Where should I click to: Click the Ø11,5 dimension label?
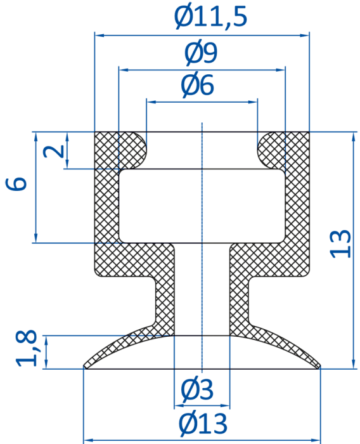pyautogui.click(x=210, y=16)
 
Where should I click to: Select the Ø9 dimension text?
pyautogui.click(x=201, y=53)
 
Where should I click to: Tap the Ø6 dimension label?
pyautogui.click(x=197, y=85)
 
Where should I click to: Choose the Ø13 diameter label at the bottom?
pyautogui.click(x=203, y=424)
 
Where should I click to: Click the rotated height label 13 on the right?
pyautogui.click(x=341, y=244)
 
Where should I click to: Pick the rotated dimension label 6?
pyautogui.click(x=16, y=184)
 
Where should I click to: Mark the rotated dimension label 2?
pyautogui.click(x=53, y=150)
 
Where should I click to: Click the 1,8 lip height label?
pyautogui.click(x=27, y=348)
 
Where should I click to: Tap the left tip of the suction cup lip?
pyautogui.click(x=84, y=367)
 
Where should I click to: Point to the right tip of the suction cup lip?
pyautogui.click(x=319, y=367)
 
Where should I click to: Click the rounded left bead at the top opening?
pyautogui.click(x=133, y=150)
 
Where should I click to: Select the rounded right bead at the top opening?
pyautogui.click(x=271, y=150)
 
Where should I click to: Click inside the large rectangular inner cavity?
pyautogui.click(x=202, y=206)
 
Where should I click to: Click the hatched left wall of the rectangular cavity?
pyautogui.click(x=106, y=206)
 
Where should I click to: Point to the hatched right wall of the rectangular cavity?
pyautogui.click(x=297, y=206)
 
